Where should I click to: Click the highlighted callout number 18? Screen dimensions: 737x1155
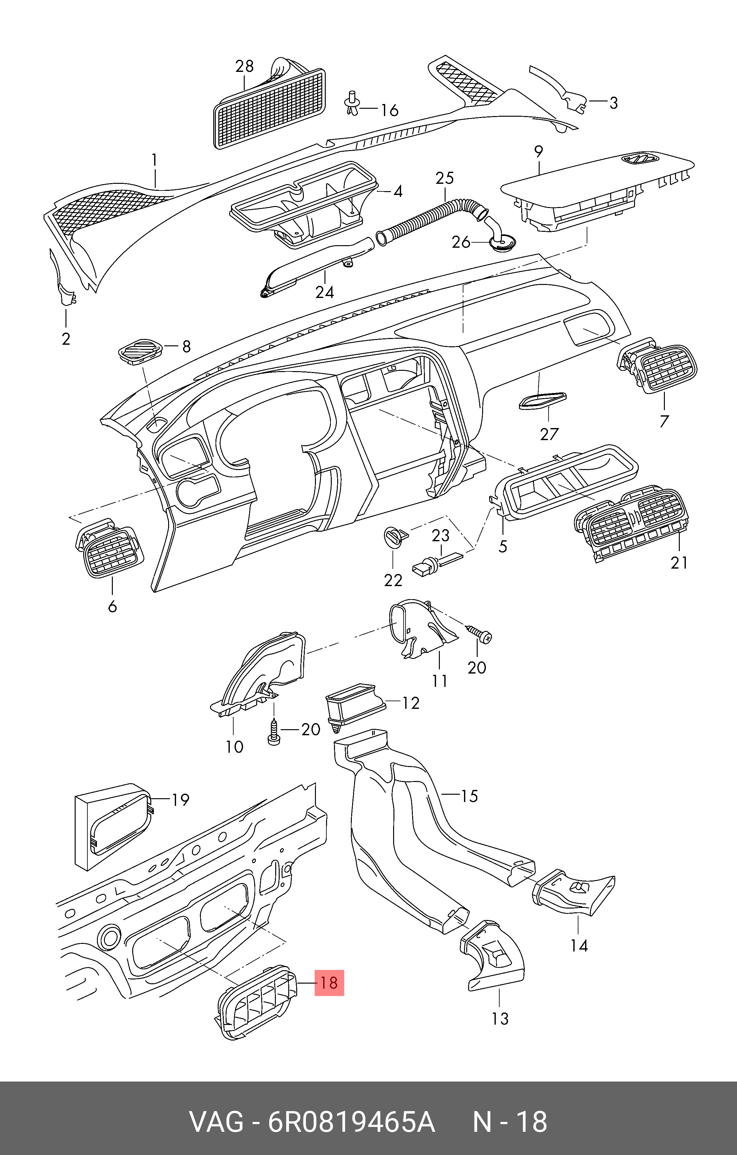tap(329, 983)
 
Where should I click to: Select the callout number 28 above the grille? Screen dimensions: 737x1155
tap(244, 66)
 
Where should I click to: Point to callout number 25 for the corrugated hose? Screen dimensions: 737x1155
tap(445, 178)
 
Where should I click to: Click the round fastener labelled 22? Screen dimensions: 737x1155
tap(396, 536)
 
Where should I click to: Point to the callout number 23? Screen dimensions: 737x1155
tap(441, 535)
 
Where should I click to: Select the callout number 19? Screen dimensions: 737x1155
tap(180, 799)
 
